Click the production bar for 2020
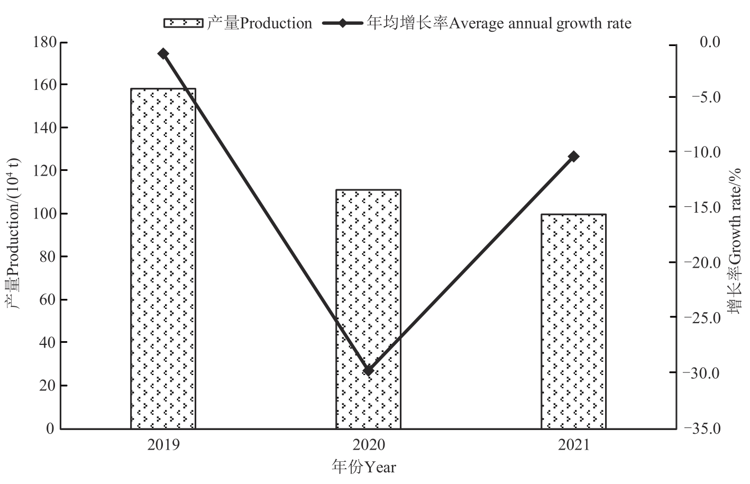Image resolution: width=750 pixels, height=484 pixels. tap(368, 309)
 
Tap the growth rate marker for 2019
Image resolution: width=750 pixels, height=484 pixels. tap(163, 53)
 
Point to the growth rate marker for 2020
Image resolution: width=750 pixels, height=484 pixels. tap(369, 370)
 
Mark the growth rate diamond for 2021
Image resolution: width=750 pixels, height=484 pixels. tap(574, 157)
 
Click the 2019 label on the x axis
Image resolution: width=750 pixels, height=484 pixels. tap(163, 445)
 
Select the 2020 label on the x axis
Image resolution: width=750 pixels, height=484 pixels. tap(368, 445)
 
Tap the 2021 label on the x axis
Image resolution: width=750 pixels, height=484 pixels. tap(573, 445)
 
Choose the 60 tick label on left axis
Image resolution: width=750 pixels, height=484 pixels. tap(47, 299)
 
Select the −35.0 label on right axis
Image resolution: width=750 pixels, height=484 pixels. tap(702, 428)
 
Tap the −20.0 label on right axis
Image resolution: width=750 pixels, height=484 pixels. tap(702, 262)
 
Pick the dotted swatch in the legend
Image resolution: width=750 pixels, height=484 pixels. tap(183, 23)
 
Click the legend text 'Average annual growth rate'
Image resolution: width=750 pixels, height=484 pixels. tap(540, 23)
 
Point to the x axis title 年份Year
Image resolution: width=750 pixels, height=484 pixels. tap(364, 467)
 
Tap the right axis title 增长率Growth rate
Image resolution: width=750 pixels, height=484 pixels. tap(734, 241)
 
